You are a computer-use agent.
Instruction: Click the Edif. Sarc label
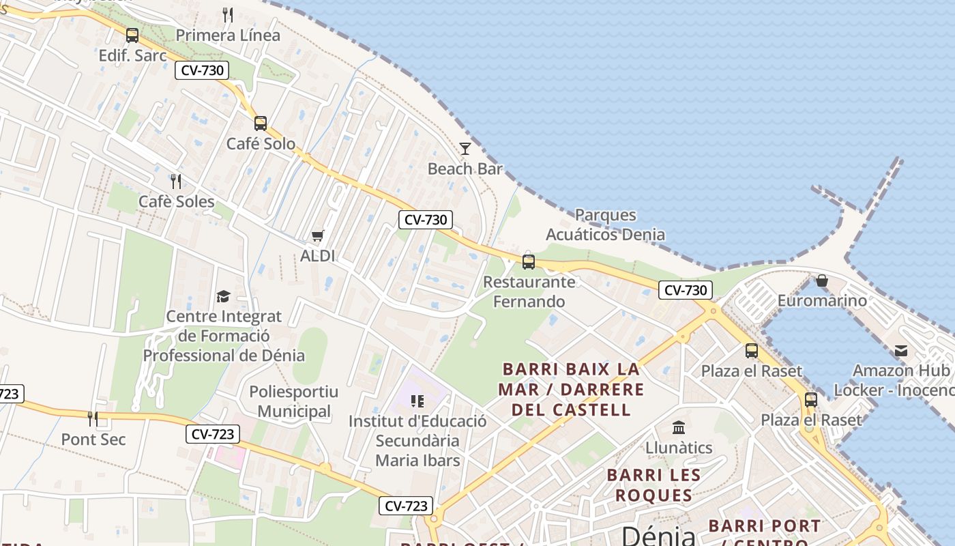pos(132,55)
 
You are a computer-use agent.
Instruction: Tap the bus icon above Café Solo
pos(261,124)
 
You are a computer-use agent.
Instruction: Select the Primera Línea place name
pos(228,35)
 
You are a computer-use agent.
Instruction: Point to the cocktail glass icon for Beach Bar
pos(465,148)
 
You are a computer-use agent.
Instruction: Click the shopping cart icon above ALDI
pos(317,236)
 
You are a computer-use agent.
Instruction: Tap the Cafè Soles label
pos(176,201)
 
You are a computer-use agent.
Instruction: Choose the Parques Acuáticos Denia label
pos(605,225)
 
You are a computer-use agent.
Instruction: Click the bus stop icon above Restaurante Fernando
pos(528,261)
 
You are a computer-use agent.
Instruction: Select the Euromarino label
pos(822,300)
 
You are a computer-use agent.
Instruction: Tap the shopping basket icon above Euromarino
pos(822,281)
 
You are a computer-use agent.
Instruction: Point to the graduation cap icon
pos(223,296)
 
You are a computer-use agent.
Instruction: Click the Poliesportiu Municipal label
pos(294,401)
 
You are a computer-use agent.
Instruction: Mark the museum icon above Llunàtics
pos(679,428)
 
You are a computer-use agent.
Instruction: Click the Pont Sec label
pos(93,439)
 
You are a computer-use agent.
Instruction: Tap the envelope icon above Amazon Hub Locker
pos(901,351)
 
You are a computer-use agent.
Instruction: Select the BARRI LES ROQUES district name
pos(653,485)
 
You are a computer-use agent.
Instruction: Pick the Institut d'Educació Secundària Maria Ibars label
pos(417,440)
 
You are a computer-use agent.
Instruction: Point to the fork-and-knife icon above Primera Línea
pos(228,15)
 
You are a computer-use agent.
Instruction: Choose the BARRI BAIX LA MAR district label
pos(572,389)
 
